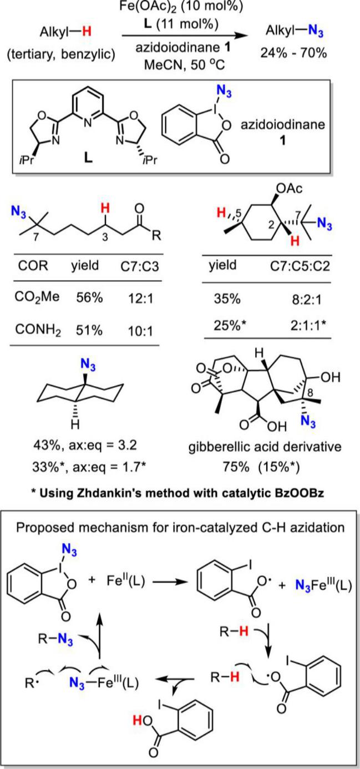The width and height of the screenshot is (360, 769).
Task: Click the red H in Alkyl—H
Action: coord(87,32)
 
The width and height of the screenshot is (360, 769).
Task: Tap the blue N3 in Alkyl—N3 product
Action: coord(316,32)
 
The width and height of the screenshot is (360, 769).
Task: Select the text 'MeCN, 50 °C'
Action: coord(184,64)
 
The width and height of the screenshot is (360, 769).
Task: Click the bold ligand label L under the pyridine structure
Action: coord(89,158)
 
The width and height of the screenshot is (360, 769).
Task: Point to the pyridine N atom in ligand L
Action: coord(89,122)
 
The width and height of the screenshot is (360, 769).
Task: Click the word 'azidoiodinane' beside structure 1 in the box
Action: coord(282,124)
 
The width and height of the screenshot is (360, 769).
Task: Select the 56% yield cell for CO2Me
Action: coord(89,297)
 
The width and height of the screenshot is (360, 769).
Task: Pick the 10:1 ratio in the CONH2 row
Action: coord(141,331)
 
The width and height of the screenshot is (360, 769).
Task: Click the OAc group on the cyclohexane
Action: coord(291,189)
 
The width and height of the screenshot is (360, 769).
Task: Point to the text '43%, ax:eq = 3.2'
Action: coord(85,446)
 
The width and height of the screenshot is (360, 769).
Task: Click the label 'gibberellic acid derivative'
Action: coord(265,447)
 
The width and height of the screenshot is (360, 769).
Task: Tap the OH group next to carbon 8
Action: coord(331,378)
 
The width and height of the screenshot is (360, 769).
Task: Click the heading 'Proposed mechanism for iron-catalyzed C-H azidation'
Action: coord(180,527)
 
